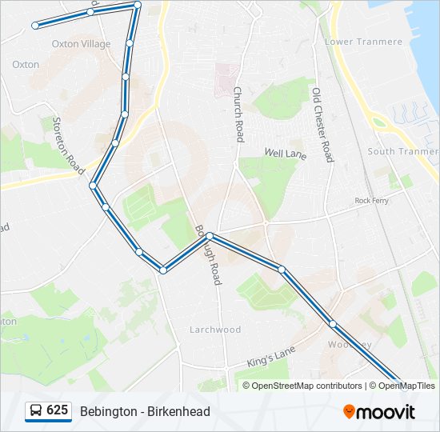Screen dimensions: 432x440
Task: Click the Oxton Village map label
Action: click(x=81, y=44)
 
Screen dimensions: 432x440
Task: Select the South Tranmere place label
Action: click(x=402, y=151)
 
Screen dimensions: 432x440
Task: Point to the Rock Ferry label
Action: click(x=371, y=201)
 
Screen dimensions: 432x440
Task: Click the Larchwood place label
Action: click(x=215, y=330)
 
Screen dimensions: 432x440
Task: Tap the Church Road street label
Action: click(x=238, y=114)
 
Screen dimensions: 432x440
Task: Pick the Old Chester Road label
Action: click(x=322, y=125)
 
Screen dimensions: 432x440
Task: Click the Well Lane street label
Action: click(x=285, y=152)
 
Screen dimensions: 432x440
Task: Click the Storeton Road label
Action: click(x=68, y=146)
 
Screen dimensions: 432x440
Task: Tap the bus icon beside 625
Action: click(x=36, y=411)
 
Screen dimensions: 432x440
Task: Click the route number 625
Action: click(x=57, y=410)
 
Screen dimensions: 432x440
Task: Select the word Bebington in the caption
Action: click(x=107, y=411)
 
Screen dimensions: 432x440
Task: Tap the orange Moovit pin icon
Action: click(x=350, y=412)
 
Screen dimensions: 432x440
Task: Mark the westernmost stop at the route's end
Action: click(x=35, y=26)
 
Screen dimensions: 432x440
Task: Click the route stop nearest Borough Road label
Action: click(x=210, y=236)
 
